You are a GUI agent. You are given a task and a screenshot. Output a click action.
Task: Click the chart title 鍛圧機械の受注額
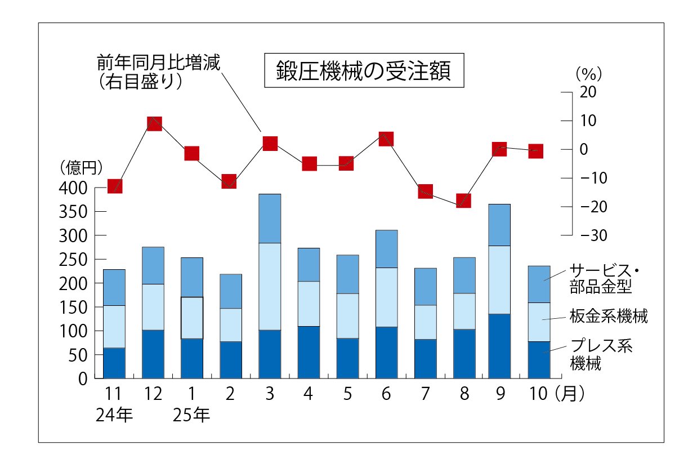(364, 71)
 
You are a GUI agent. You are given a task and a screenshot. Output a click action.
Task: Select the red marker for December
(154, 123)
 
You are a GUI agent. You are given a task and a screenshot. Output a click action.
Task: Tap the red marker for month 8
(463, 201)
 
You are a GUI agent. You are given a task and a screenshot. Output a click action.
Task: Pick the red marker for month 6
(386, 139)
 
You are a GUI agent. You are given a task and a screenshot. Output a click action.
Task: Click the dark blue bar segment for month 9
(499, 346)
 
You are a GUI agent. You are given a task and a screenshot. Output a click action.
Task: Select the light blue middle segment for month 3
(270, 286)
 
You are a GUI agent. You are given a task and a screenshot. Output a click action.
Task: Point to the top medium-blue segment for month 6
(386, 248)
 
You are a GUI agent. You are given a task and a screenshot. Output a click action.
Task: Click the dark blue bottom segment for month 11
(114, 363)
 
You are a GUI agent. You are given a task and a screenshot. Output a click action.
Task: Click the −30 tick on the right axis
(591, 235)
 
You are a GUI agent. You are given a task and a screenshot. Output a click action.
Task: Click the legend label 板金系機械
(608, 317)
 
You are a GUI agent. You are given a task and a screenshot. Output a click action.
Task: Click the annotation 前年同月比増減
(158, 61)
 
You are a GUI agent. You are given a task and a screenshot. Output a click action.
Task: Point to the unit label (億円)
(82, 167)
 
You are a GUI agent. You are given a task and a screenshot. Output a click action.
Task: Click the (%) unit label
(589, 73)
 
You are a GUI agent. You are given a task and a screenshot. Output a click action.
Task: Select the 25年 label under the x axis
(191, 416)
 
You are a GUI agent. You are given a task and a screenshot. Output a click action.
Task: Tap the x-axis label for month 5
(347, 394)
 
